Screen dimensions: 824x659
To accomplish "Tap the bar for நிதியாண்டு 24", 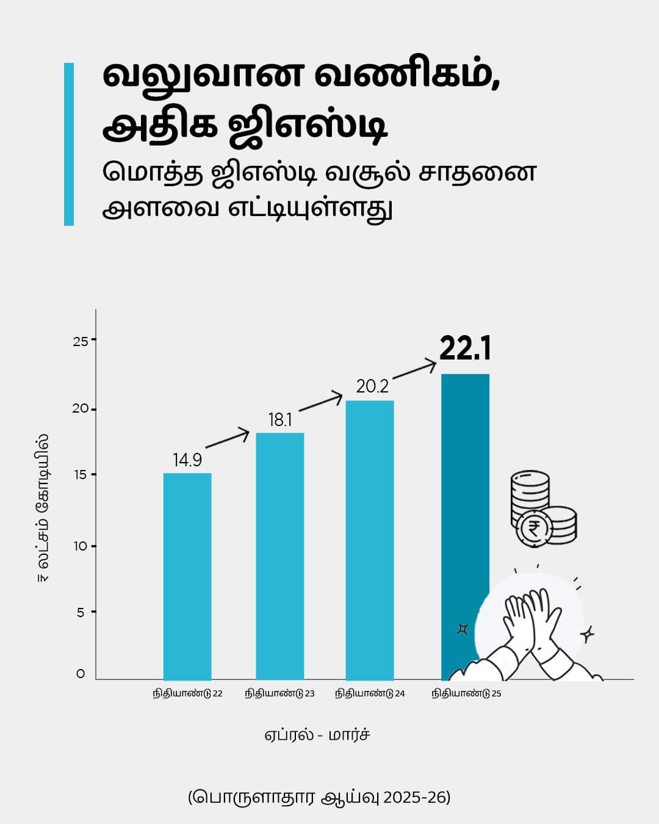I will click(x=370, y=540).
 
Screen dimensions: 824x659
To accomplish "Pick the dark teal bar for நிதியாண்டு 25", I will click(x=465, y=488).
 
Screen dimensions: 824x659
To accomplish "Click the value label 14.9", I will click(x=187, y=460).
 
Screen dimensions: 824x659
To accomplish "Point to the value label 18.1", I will click(x=280, y=420).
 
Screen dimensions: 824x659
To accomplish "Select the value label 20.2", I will click(x=372, y=386).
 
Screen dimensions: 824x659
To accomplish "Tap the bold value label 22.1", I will click(x=465, y=349).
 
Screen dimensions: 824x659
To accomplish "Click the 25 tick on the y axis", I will click(x=81, y=341).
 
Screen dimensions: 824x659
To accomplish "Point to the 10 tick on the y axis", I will click(x=81, y=546).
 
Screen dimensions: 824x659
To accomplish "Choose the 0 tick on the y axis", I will click(x=81, y=674).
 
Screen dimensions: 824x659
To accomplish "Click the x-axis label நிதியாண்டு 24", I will click(x=370, y=693).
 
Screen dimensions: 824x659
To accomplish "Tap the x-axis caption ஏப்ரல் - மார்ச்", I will click(x=317, y=734).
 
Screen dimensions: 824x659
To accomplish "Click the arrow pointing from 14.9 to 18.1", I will click(x=228, y=440).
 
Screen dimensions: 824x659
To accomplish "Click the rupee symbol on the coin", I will click(x=534, y=528).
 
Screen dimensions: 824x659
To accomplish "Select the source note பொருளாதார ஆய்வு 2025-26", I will click(x=319, y=797).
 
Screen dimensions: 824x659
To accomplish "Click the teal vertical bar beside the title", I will click(x=69, y=144).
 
